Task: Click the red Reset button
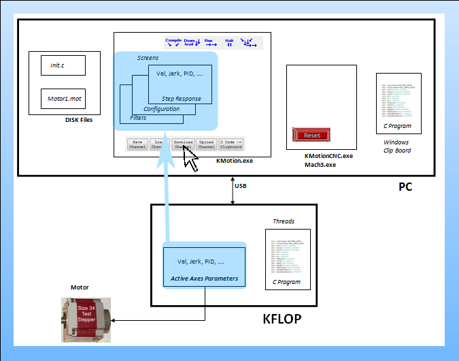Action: tap(311, 135)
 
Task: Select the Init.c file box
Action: tap(63, 65)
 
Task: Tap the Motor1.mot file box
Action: tap(63, 99)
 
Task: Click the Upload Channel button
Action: tap(206, 144)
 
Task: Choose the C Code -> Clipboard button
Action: tap(231, 144)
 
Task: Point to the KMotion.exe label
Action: tap(234, 161)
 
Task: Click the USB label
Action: tap(241, 185)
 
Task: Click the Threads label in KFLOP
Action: tap(284, 221)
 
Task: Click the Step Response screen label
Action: tap(181, 99)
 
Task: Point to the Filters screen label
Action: tap(138, 118)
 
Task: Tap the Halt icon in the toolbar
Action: tap(229, 43)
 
